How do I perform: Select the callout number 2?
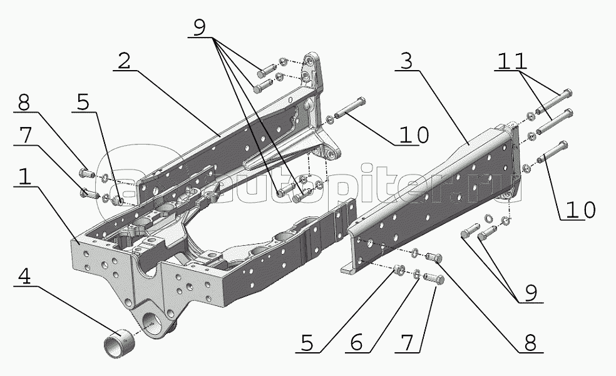click(x=124, y=61)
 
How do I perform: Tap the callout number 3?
click(x=407, y=61)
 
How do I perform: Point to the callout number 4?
click(x=24, y=277)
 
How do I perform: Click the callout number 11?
click(x=512, y=61)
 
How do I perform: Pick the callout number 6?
click(x=356, y=343)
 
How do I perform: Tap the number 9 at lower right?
click(x=530, y=293)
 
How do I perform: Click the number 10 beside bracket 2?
click(x=414, y=135)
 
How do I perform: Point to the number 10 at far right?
click(x=581, y=210)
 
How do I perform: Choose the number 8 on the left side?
click(x=24, y=103)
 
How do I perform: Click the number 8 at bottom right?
click(x=530, y=343)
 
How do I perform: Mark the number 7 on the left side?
click(x=25, y=136)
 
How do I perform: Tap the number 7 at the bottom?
click(x=407, y=343)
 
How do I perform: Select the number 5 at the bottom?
click(x=307, y=343)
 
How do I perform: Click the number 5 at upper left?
click(x=83, y=103)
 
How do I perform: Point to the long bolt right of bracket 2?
click(x=349, y=108)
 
